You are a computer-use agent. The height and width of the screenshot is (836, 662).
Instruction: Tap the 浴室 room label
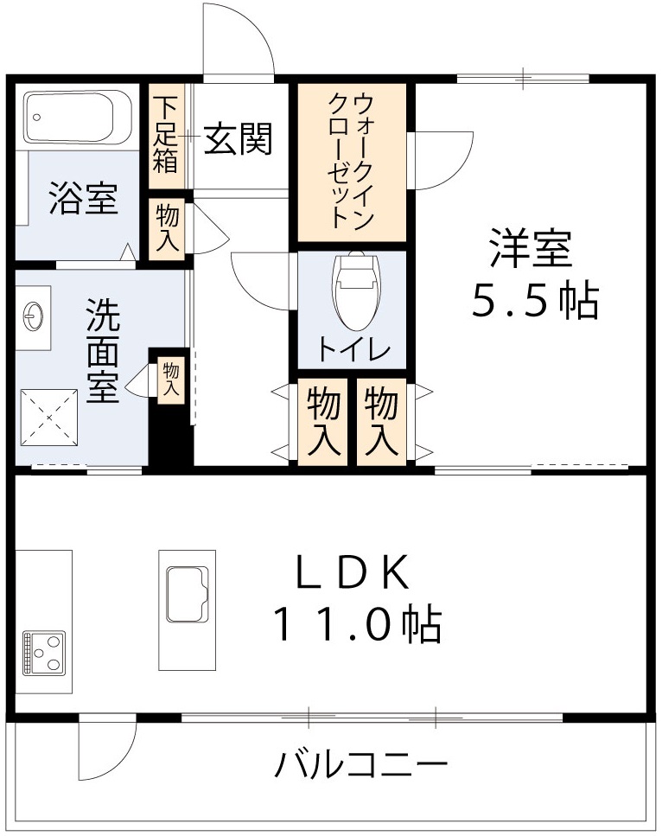pyautogui.click(x=83, y=199)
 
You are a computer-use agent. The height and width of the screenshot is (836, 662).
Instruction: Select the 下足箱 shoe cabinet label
pyautogui.click(x=165, y=135)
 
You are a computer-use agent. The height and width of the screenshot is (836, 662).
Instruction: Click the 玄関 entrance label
pyautogui.click(x=239, y=137)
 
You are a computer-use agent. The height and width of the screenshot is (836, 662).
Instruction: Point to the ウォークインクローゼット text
pyautogui.click(x=351, y=162)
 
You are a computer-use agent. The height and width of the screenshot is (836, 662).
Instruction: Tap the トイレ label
pyautogui.click(x=354, y=350)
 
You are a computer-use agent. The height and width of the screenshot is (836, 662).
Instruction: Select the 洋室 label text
pyautogui.click(x=531, y=249)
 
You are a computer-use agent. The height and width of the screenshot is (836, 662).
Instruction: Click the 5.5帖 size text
pyautogui.click(x=534, y=300)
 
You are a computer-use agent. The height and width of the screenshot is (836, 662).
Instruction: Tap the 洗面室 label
pyautogui.click(x=103, y=350)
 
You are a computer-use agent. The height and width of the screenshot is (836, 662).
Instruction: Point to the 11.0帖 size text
pyautogui.click(x=357, y=623)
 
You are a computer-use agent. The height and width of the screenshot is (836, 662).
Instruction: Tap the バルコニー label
pyautogui.click(x=362, y=764)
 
